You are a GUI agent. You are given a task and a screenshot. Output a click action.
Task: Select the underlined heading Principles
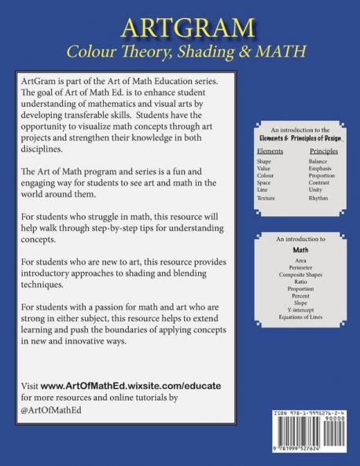coord(324,150)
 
